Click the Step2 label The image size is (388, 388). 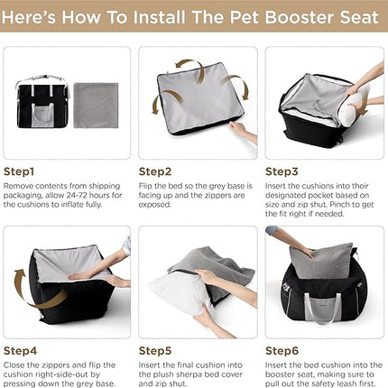(x=155, y=170)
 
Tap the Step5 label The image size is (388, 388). (x=155, y=350)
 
